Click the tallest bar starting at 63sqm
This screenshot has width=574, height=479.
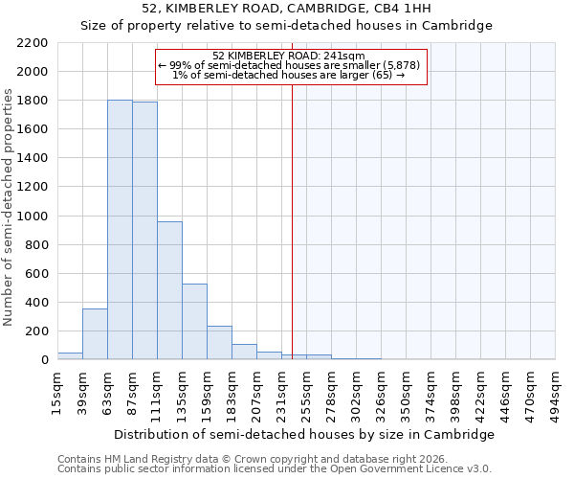(120, 230)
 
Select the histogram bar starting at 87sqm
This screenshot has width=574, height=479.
(144, 231)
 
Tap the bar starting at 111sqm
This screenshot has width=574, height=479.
(169, 290)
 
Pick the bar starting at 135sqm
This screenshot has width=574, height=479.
(194, 322)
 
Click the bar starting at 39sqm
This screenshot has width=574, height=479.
(95, 334)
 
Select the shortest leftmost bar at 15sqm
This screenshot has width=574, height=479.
(70, 356)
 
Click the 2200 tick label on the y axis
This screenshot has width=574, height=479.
(33, 43)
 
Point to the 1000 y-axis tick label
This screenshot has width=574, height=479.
(33, 217)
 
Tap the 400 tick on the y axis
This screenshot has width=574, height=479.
(36, 303)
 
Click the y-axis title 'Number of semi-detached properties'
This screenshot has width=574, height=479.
(10, 207)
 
